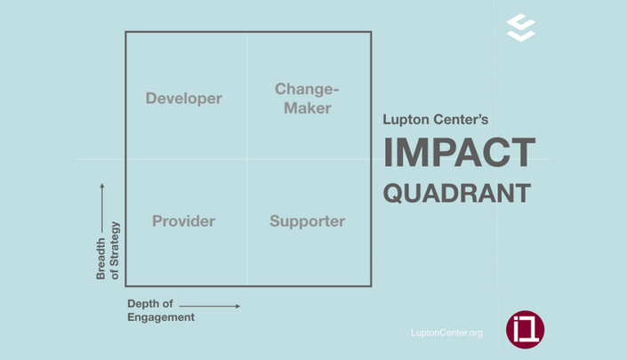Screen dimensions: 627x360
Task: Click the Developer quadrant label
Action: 183,99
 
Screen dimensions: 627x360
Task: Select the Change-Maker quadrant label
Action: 307,99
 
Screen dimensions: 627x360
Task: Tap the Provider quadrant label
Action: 183,221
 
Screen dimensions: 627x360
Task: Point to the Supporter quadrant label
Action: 307,221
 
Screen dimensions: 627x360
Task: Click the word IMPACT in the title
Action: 460,152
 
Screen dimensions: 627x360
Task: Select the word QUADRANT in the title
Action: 457,193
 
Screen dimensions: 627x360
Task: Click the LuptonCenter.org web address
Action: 446,332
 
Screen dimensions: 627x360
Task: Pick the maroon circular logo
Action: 525,330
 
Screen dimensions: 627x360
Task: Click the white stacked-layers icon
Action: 521,28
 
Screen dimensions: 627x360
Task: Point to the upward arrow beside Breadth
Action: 102,208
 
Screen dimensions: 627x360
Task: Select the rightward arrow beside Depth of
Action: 210,306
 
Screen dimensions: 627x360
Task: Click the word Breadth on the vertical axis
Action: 100,259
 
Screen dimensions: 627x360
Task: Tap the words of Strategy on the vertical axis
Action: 115,251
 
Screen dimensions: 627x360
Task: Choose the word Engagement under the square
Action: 161,317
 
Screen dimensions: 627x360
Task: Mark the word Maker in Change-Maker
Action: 308,108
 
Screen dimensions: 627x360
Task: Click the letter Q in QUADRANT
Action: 393,194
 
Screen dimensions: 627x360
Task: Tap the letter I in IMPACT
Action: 388,152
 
